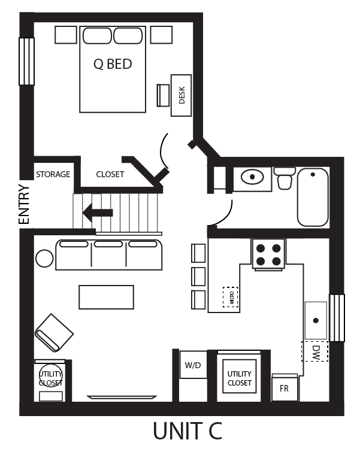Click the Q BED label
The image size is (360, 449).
113,64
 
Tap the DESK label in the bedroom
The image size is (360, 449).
181,95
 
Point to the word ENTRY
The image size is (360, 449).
24,204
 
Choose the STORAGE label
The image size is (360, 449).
53,174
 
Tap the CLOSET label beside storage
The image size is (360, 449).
110,174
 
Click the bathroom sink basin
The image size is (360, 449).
252,177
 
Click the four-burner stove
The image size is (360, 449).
268,254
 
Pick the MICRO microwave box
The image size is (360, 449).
231,297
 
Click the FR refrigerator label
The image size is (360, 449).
284,388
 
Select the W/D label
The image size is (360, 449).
192,365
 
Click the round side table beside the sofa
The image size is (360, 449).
44,259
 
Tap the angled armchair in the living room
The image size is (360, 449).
54,332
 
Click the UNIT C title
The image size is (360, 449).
187,431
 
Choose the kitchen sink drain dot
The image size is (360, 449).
316,320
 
